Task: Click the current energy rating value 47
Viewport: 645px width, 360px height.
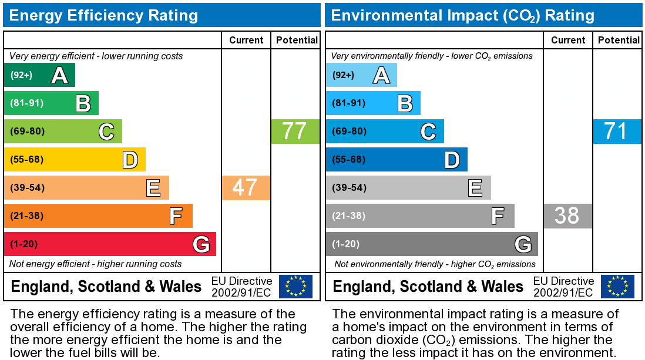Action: pyautogui.click(x=245, y=188)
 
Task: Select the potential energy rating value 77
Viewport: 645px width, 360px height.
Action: pyautogui.click(x=294, y=132)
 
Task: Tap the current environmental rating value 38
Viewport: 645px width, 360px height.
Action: pyautogui.click(x=567, y=216)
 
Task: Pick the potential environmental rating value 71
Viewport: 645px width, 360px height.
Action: pyautogui.click(x=616, y=132)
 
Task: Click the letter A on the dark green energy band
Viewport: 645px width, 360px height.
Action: pyautogui.click(x=59, y=75)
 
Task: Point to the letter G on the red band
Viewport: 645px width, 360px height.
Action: pyautogui.click(x=200, y=244)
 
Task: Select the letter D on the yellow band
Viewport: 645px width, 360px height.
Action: pyautogui.click(x=130, y=160)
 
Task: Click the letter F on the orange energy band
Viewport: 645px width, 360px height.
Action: pyautogui.click(x=176, y=216)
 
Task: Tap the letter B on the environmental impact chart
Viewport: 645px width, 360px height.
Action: pyautogui.click(x=405, y=103)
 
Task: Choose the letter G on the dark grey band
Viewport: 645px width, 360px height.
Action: pyautogui.click(x=522, y=244)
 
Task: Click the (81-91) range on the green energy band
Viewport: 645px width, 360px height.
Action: pyautogui.click(x=27, y=103)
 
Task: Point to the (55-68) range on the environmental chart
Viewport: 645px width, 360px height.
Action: pyautogui.click(x=349, y=160)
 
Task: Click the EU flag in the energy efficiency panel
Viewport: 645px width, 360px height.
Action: pyautogui.click(x=295, y=287)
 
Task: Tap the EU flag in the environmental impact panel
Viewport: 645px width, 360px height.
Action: pyautogui.click(x=617, y=287)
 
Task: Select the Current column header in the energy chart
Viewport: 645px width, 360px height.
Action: pyautogui.click(x=246, y=40)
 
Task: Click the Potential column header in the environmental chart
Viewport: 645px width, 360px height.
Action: pyautogui.click(x=619, y=40)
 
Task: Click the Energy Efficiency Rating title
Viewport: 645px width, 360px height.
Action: pyautogui.click(x=103, y=15)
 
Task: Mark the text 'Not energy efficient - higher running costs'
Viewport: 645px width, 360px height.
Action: pyautogui.click(x=96, y=264)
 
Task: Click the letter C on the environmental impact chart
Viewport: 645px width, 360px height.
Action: pyautogui.click(x=428, y=132)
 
